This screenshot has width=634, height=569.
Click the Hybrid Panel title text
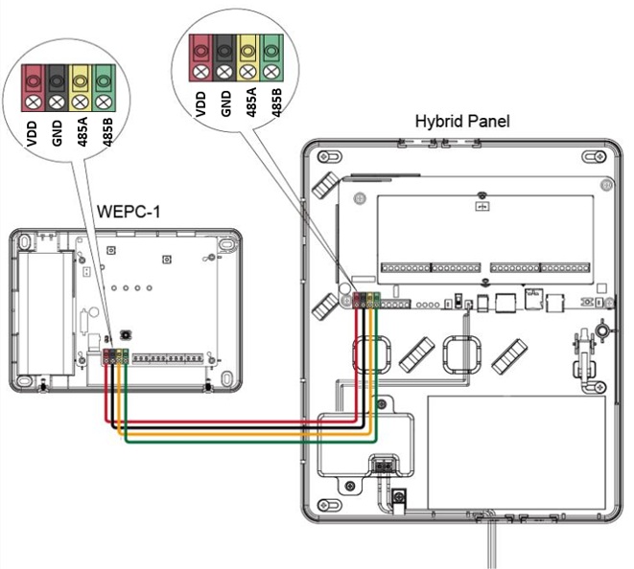462,122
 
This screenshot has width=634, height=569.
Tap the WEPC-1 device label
129,211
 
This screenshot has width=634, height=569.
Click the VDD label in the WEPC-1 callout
32,133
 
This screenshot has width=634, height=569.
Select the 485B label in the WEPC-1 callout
107,132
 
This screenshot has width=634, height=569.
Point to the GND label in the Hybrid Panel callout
225,103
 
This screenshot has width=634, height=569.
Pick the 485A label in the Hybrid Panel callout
250,102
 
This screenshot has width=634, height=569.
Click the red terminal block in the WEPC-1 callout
34,88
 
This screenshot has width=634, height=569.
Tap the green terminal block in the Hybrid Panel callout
271,57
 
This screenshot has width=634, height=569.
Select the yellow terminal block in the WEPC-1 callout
81,88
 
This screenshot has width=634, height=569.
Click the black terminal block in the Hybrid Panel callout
224,57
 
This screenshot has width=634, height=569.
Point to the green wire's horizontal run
250,442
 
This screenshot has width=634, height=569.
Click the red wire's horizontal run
231,421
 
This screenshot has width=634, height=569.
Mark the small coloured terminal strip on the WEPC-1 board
116,356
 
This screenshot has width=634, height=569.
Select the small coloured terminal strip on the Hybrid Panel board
366,300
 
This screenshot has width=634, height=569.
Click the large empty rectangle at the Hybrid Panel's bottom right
516,452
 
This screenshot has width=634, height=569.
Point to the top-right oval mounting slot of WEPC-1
225,244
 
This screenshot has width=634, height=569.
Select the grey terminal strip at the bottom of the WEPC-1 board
168,358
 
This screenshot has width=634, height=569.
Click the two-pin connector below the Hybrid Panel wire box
384,467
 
